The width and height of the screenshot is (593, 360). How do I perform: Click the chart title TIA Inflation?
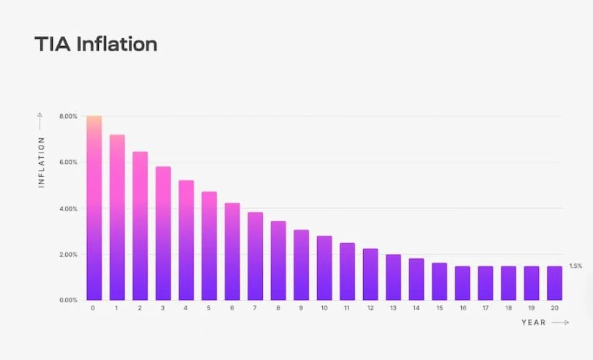(96, 45)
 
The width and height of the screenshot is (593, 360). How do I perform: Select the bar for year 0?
(93, 209)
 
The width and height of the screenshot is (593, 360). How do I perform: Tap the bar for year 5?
(209, 246)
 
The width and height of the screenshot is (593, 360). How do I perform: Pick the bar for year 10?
(324, 268)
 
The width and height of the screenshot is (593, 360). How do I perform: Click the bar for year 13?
(393, 277)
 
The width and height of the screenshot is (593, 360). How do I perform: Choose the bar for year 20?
(555, 283)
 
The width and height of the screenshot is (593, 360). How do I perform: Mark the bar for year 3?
(163, 233)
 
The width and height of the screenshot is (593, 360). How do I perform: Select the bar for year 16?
(463, 283)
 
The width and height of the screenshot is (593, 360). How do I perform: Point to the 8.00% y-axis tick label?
(68, 116)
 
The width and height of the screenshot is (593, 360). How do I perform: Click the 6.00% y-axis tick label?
(68, 162)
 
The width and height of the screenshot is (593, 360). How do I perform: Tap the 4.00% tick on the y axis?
(68, 209)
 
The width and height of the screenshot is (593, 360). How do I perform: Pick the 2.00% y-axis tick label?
(68, 255)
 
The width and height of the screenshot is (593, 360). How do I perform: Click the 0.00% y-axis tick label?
(68, 301)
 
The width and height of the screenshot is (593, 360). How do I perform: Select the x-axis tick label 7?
(255, 309)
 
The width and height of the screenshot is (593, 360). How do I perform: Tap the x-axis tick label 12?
(370, 309)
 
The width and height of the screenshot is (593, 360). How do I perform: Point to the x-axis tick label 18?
(509, 309)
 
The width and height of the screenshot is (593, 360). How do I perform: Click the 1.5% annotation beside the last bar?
(575, 266)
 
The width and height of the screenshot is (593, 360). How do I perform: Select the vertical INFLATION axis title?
(42, 162)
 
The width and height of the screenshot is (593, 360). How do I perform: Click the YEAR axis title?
(534, 323)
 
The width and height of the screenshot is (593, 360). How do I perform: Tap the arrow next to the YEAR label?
(560, 323)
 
